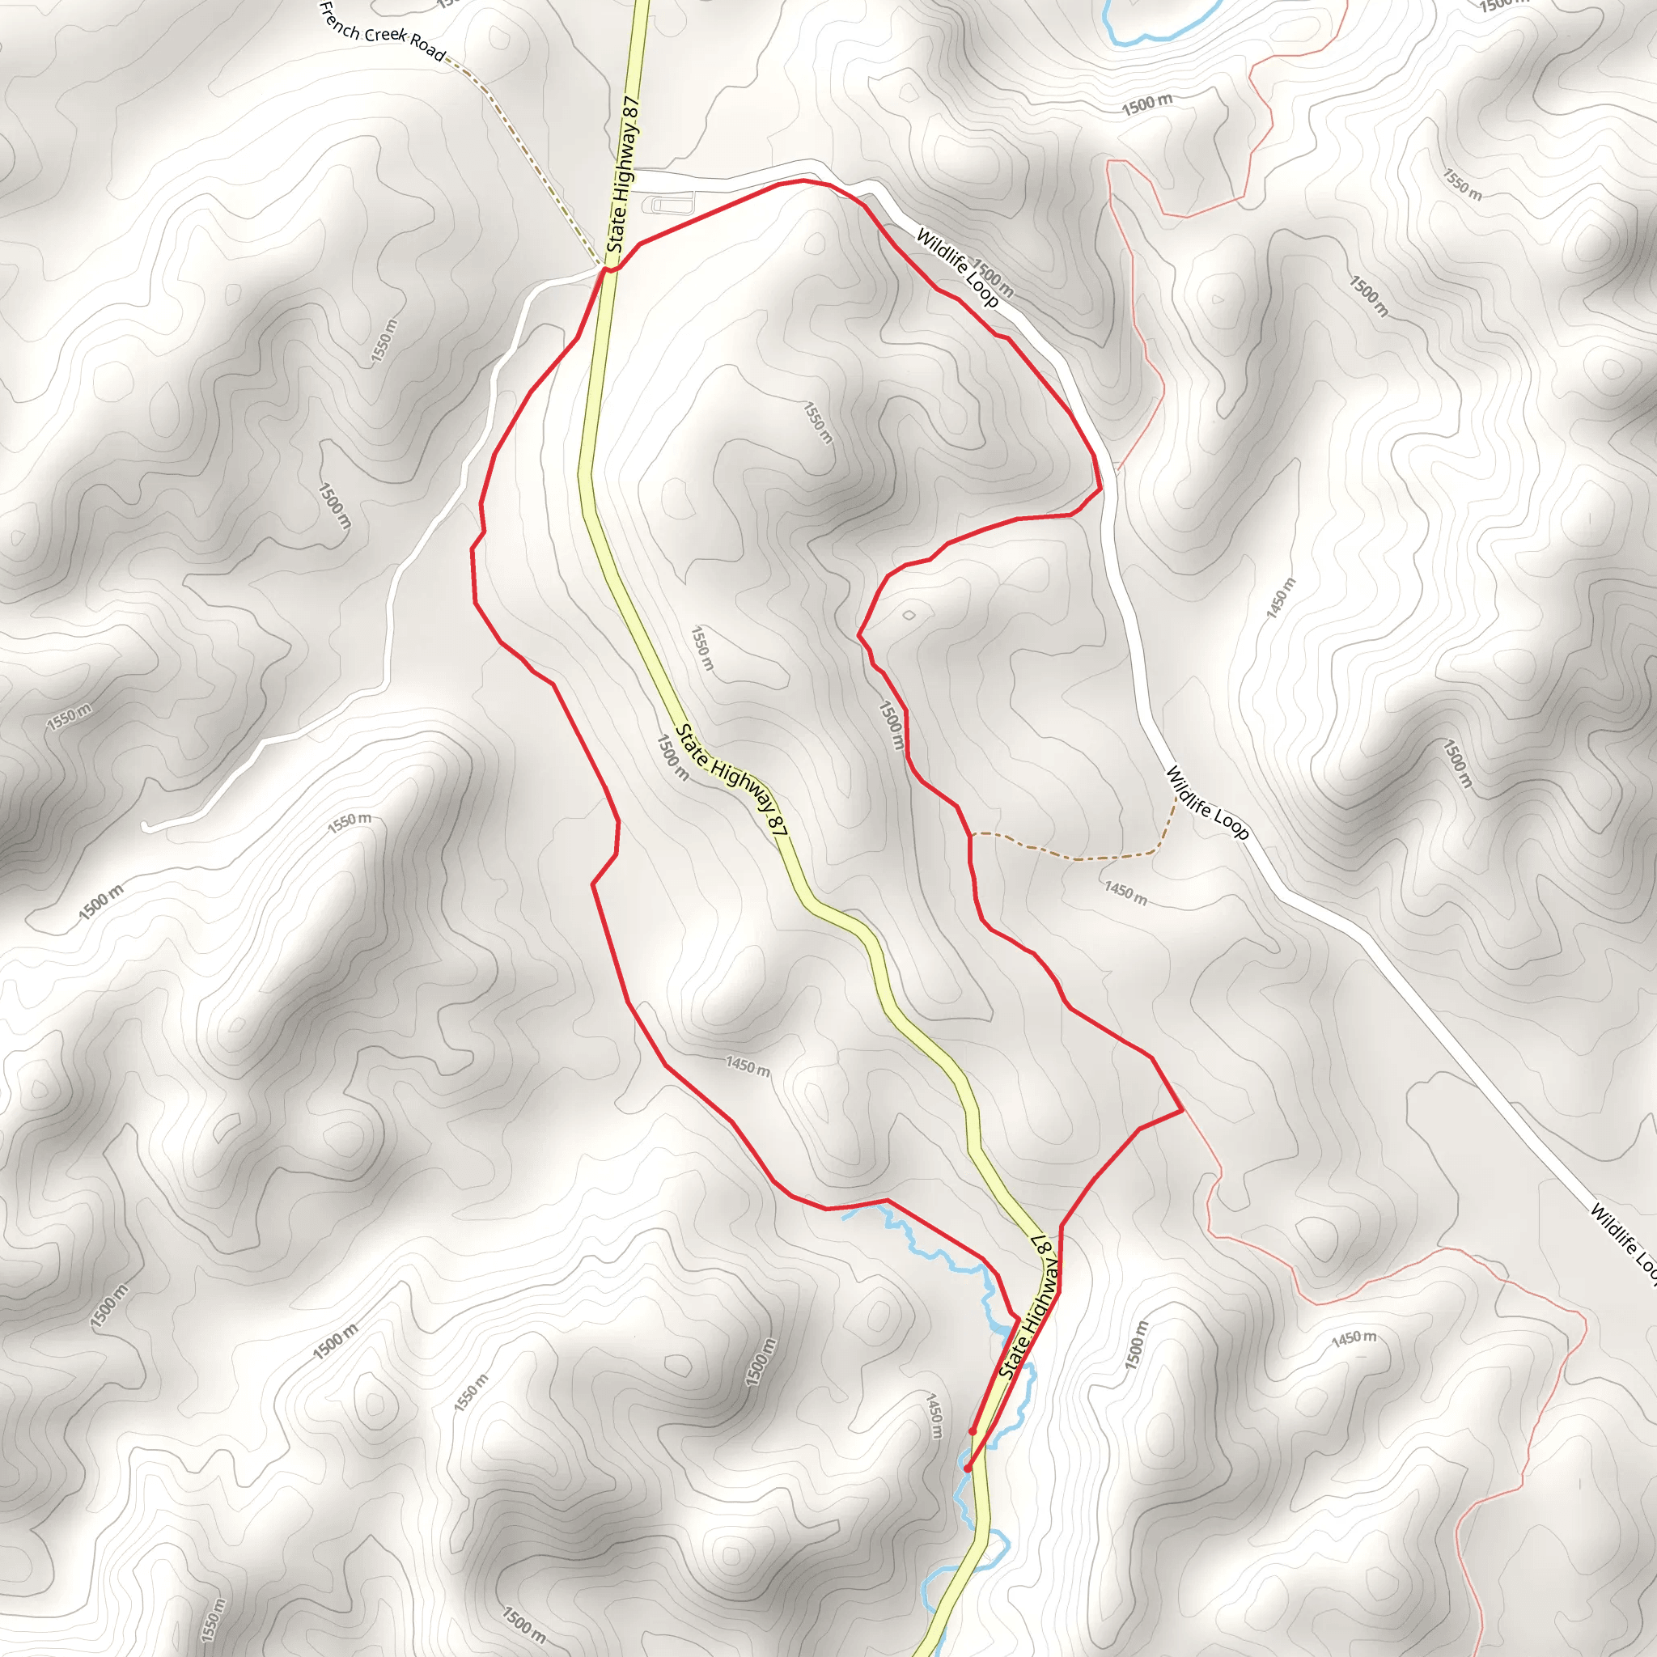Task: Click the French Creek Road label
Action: click(383, 32)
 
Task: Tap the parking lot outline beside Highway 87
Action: click(672, 204)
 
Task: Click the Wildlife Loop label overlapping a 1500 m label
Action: click(957, 267)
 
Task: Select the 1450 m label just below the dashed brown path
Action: click(1125, 893)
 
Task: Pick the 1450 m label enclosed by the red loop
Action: click(747, 1066)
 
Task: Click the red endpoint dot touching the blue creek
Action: click(968, 1468)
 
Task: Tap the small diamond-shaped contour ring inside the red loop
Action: click(909, 615)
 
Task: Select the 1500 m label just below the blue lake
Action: click(1146, 104)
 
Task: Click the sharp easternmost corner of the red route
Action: click(1183, 1110)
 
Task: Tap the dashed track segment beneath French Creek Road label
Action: click(515, 129)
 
